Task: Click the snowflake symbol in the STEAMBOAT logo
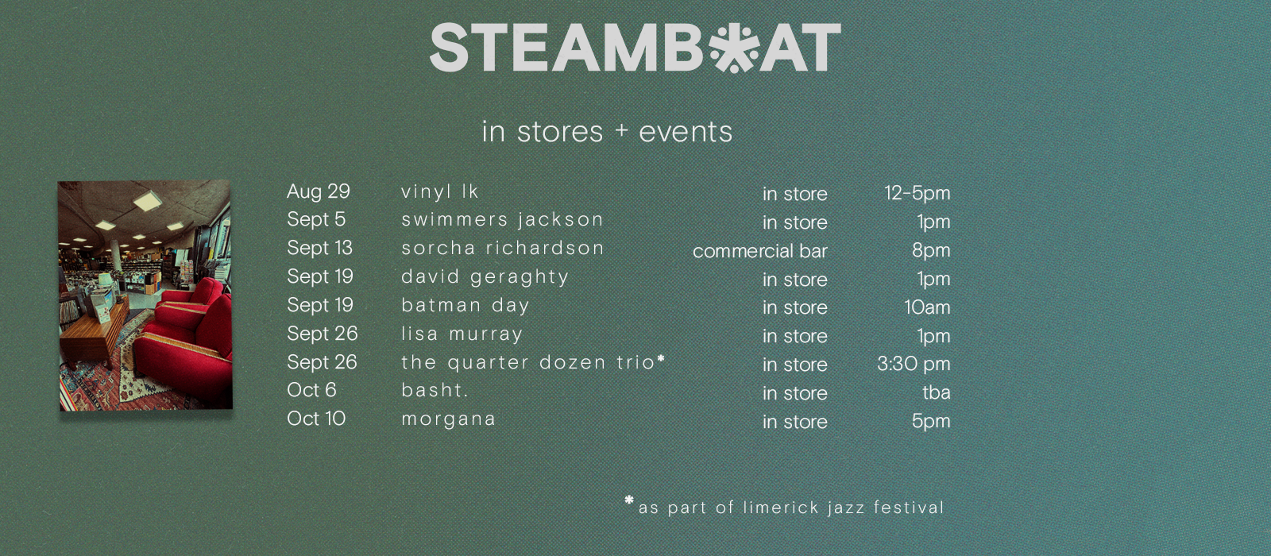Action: [x=734, y=48]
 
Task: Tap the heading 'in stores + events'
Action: [x=607, y=132]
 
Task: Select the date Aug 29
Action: [x=319, y=191]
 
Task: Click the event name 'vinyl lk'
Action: [x=440, y=191]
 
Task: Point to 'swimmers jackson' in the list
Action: [x=502, y=219]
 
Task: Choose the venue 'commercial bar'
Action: [x=759, y=251]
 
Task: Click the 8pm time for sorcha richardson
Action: [x=931, y=250]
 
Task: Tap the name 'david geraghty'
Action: [x=485, y=277]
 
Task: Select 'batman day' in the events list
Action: [x=466, y=305]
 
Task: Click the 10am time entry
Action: [x=927, y=307]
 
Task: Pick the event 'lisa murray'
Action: [x=462, y=334]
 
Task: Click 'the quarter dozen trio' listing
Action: [x=533, y=362]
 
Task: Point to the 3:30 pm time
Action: [x=914, y=364]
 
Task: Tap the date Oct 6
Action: [x=311, y=390]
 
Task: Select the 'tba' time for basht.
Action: [x=937, y=392]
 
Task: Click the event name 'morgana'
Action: [x=448, y=419]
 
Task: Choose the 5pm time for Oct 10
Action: [x=931, y=421]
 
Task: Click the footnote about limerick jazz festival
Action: [x=784, y=506]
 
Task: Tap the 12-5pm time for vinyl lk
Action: [x=918, y=193]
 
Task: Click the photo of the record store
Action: [x=145, y=295]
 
